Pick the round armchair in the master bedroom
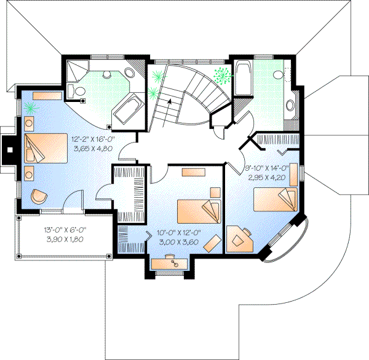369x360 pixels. click(x=38, y=196)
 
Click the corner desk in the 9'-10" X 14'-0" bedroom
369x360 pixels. click(x=239, y=238)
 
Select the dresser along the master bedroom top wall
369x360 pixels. click(x=47, y=96)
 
